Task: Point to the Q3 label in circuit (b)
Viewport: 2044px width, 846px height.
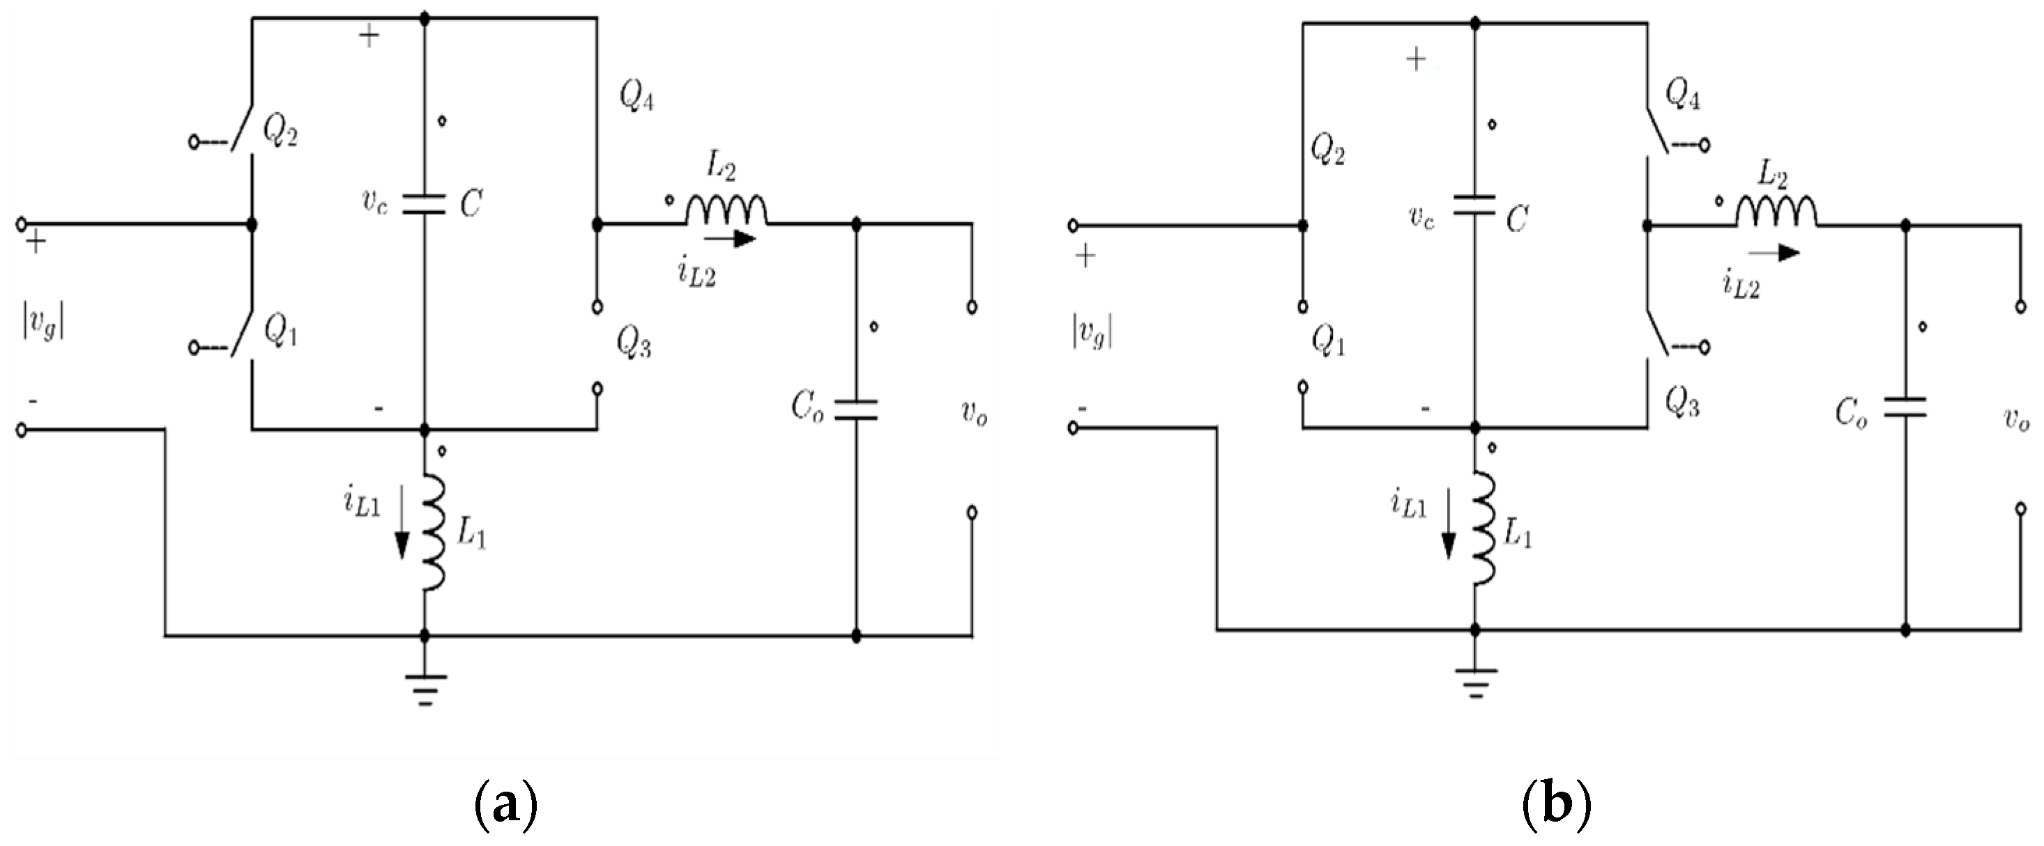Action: click(1682, 405)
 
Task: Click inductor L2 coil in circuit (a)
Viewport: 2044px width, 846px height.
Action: click(726, 210)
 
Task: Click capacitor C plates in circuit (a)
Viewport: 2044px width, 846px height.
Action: click(425, 205)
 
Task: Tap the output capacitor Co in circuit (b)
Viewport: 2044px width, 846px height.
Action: click(1905, 408)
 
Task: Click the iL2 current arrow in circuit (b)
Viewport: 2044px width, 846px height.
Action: click(1774, 253)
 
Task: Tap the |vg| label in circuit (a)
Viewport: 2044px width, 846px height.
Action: click(43, 324)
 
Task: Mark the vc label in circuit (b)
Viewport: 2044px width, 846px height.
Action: click(1421, 217)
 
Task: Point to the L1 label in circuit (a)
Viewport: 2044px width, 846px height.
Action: click(471, 536)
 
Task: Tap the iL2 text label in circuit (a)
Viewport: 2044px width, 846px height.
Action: click(696, 274)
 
